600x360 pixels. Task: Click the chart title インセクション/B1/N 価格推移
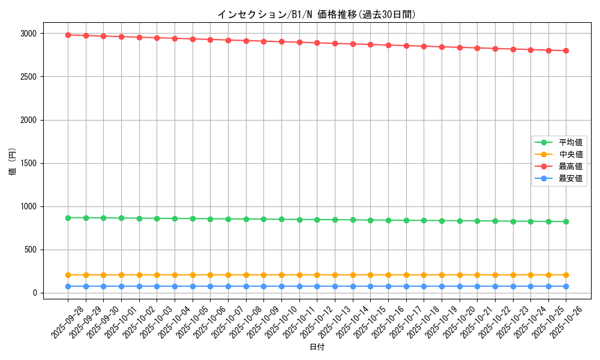[316, 14]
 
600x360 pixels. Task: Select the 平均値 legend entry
[571, 142]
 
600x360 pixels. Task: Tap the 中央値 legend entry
[571, 154]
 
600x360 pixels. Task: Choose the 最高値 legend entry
[571, 166]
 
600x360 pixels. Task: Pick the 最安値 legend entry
[571, 178]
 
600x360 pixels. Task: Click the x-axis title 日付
[317, 347]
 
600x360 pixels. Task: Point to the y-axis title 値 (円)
[13, 163]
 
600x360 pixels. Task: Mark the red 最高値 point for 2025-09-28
[68, 35]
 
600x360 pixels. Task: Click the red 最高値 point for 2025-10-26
[566, 50]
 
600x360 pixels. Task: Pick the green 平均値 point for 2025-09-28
[68, 218]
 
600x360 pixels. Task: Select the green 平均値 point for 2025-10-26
[566, 221]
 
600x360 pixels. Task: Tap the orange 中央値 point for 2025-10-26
[566, 275]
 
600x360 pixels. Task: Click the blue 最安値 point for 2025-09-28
[68, 286]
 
